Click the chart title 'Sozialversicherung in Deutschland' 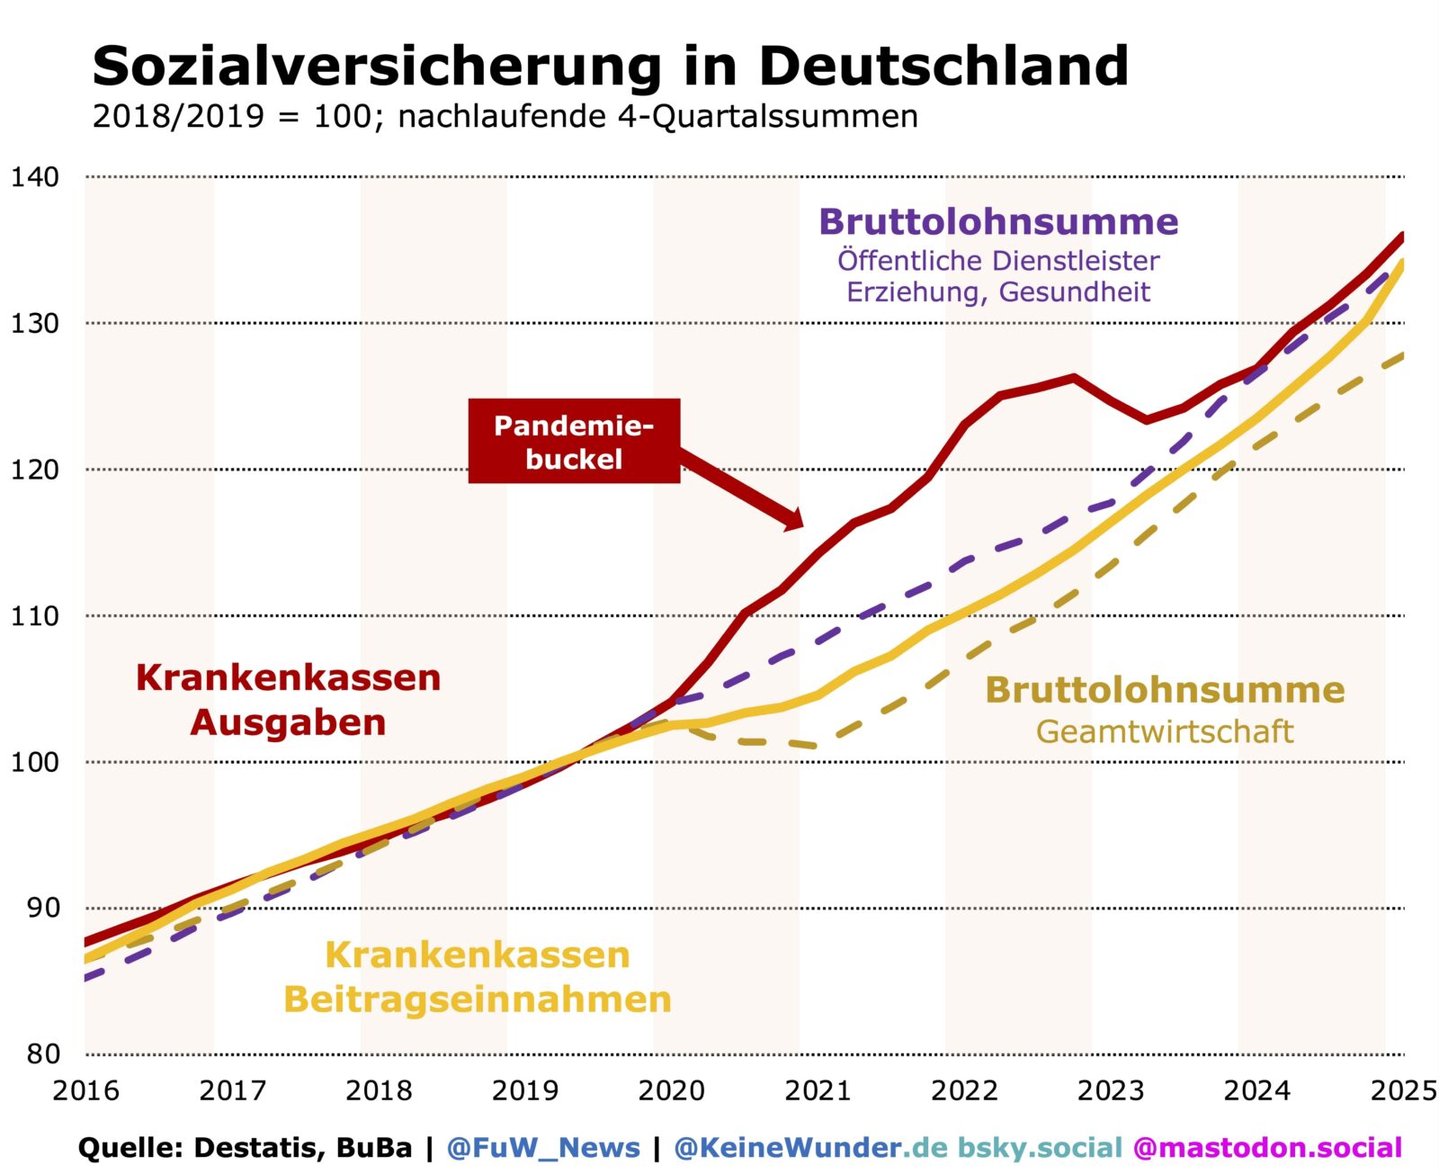point(610,65)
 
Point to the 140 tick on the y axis point(34,176)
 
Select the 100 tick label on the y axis point(34,762)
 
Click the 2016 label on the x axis point(85,1090)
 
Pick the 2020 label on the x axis point(671,1090)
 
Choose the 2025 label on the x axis point(1402,1090)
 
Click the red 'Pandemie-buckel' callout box point(574,441)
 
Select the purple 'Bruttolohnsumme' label point(998,221)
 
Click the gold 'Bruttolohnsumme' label point(1165,690)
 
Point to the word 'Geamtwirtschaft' point(1165,731)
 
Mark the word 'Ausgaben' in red point(288,721)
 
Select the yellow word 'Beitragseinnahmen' point(478,999)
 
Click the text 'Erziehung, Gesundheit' point(998,291)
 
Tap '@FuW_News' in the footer point(543,1148)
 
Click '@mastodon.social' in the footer point(1267,1148)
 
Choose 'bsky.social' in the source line point(1040,1148)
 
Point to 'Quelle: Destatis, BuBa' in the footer point(245,1148)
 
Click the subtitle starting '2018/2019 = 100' point(505,116)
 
